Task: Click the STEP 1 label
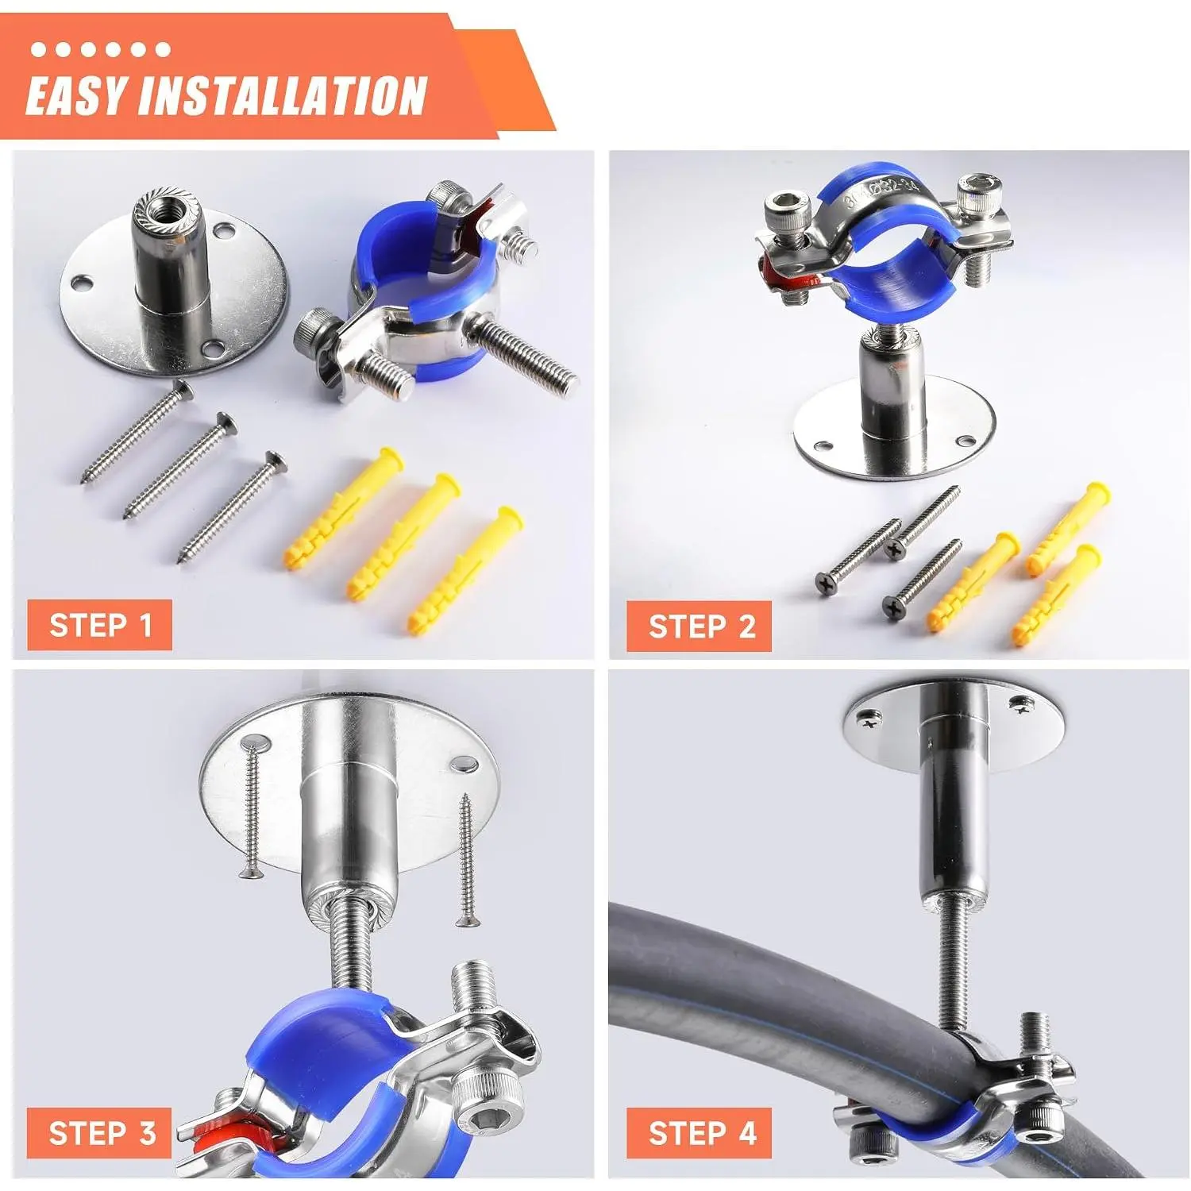pos(100,625)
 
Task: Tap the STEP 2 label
pos(700,626)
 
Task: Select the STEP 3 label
pos(100,1133)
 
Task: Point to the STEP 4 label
pos(700,1133)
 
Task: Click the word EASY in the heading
pos(75,97)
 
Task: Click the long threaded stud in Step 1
pos(524,353)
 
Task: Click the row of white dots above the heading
pos(100,49)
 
